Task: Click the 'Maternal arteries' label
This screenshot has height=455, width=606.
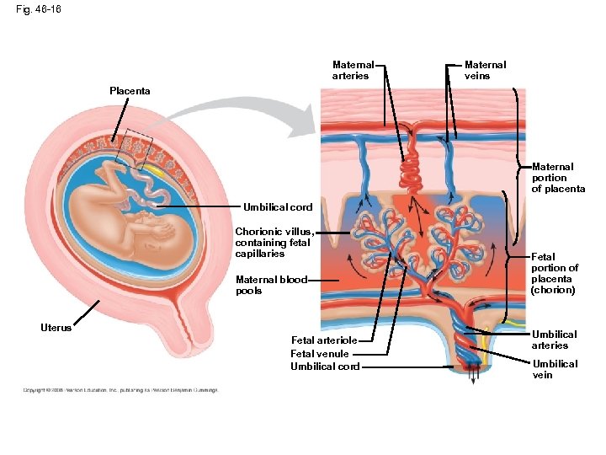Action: (351, 70)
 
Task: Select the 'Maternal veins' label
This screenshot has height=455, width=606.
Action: (485, 70)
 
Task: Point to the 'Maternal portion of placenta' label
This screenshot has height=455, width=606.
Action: (558, 178)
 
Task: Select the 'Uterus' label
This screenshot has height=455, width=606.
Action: (56, 327)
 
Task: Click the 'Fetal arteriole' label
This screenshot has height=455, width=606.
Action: (324, 340)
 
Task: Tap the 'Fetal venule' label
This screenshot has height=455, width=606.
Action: (319, 353)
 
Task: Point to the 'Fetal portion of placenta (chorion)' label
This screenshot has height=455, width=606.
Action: (554, 273)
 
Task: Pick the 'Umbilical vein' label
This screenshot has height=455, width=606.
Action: (555, 369)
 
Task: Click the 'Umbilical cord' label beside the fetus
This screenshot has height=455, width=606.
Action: (278, 206)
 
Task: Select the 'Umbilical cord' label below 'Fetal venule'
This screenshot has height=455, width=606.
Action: (325, 367)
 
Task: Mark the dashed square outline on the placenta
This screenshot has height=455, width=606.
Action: (135, 150)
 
